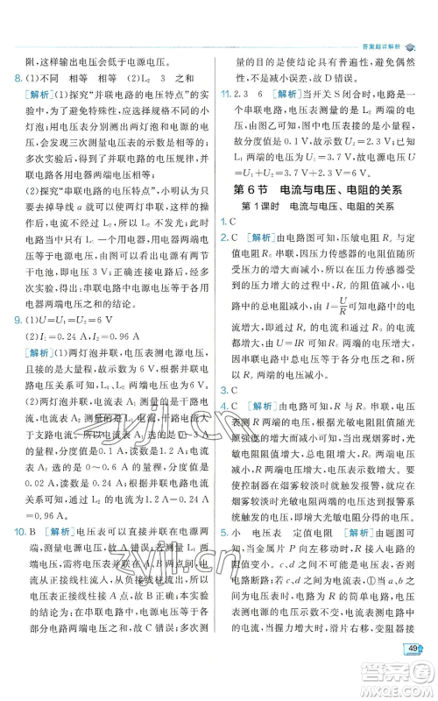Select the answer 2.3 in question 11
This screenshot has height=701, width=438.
[244, 95]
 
